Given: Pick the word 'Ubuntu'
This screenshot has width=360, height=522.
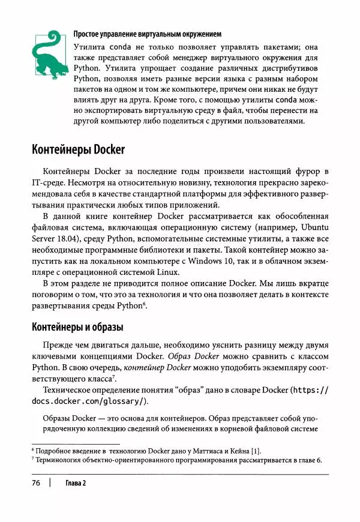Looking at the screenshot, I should (311, 229).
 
